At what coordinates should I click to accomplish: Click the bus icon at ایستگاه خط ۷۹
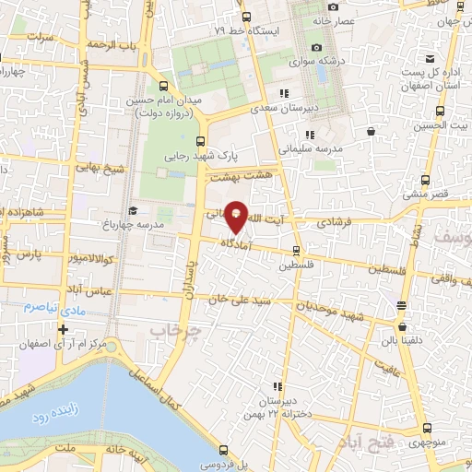pos(245,17)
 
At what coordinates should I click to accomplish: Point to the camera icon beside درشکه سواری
pos(316,47)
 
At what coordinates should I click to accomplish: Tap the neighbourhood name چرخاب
pos(174,329)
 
